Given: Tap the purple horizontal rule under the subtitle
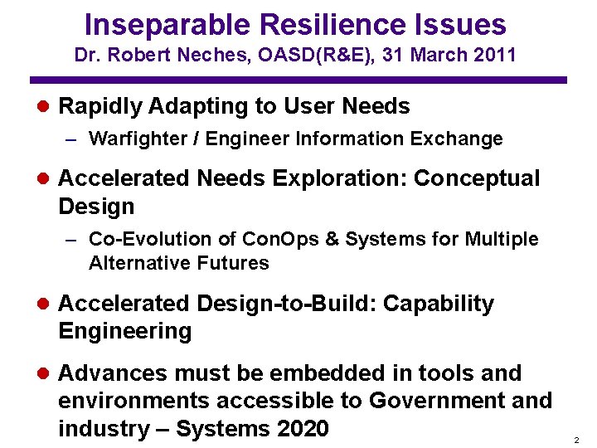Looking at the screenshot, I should point(298,80).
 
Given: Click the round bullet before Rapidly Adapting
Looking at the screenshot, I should point(44,107).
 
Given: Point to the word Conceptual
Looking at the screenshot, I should point(477,178).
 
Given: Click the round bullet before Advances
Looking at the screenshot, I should point(44,374).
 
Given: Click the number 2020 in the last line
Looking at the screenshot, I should point(300,429).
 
